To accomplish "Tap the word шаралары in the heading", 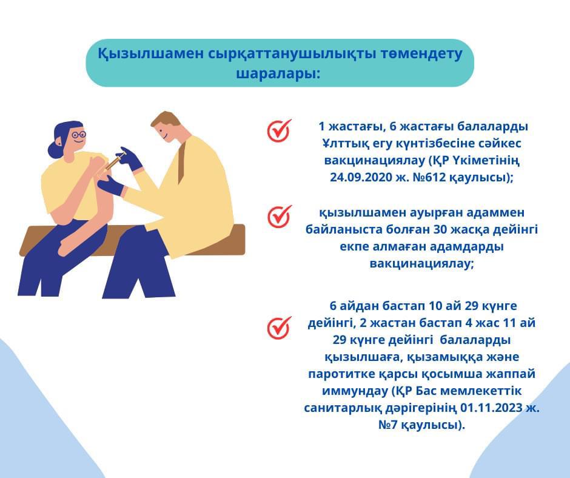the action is click(x=278, y=73).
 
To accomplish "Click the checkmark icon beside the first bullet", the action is click(x=280, y=130).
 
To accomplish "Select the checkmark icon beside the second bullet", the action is click(x=280, y=216).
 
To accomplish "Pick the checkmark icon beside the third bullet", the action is click(x=280, y=328).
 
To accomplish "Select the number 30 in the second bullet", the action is click(x=442, y=229).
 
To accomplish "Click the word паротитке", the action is click(x=340, y=374).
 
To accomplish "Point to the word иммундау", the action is click(x=355, y=391).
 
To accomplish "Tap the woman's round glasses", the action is click(x=79, y=135).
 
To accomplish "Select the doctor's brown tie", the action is click(x=182, y=163).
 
